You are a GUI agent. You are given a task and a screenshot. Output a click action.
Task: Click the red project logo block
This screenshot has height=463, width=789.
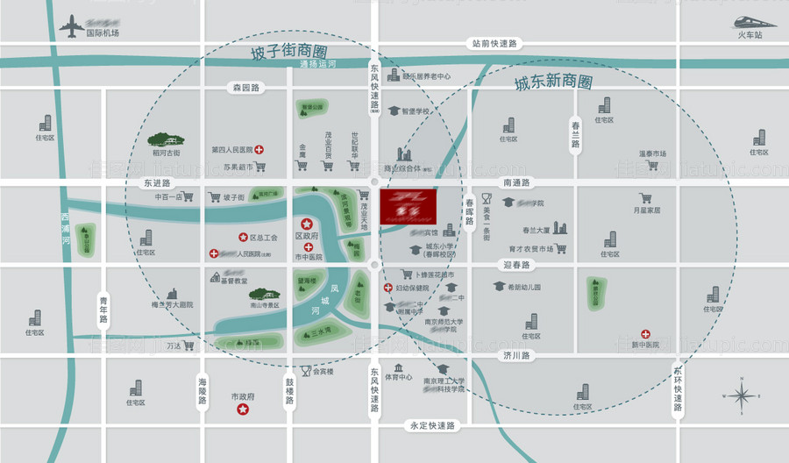(x=407, y=206)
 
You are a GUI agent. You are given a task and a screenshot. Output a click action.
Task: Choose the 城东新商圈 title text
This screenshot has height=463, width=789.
(x=553, y=83)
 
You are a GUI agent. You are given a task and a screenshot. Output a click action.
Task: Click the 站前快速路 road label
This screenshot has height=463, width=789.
(x=495, y=42)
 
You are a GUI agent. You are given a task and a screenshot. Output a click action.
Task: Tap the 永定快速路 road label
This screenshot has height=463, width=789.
(x=433, y=426)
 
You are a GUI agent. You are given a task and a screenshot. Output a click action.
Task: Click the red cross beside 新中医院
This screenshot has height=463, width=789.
(x=645, y=333)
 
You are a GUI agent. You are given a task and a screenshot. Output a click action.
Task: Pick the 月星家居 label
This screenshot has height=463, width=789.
(x=646, y=210)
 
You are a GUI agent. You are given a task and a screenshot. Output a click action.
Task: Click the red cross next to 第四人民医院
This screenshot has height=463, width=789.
(x=259, y=150)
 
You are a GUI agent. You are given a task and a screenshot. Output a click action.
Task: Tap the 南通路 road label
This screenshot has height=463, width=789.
(x=517, y=182)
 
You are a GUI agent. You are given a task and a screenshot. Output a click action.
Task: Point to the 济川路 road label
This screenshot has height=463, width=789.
(x=517, y=356)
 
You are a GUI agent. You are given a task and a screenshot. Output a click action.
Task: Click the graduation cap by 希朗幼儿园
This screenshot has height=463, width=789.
(x=499, y=287)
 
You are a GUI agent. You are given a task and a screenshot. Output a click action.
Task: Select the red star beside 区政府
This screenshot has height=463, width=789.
(x=307, y=224)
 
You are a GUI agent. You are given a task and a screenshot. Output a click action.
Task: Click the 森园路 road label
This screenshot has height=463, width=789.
(x=246, y=88)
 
